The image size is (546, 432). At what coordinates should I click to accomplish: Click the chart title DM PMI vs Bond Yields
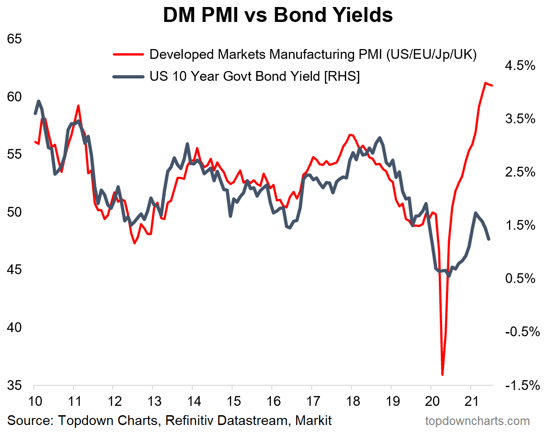tap(277, 15)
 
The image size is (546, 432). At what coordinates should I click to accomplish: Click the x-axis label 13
tap(153, 401)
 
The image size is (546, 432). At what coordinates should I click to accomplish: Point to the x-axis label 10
tap(34, 401)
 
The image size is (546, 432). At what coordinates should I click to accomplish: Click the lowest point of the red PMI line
tap(442, 374)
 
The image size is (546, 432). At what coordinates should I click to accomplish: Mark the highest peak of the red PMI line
tap(485, 83)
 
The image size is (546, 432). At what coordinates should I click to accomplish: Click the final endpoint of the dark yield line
tap(489, 239)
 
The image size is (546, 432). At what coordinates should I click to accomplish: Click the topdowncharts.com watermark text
tap(477, 421)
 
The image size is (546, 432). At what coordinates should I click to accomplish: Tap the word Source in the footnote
tap(29, 420)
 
